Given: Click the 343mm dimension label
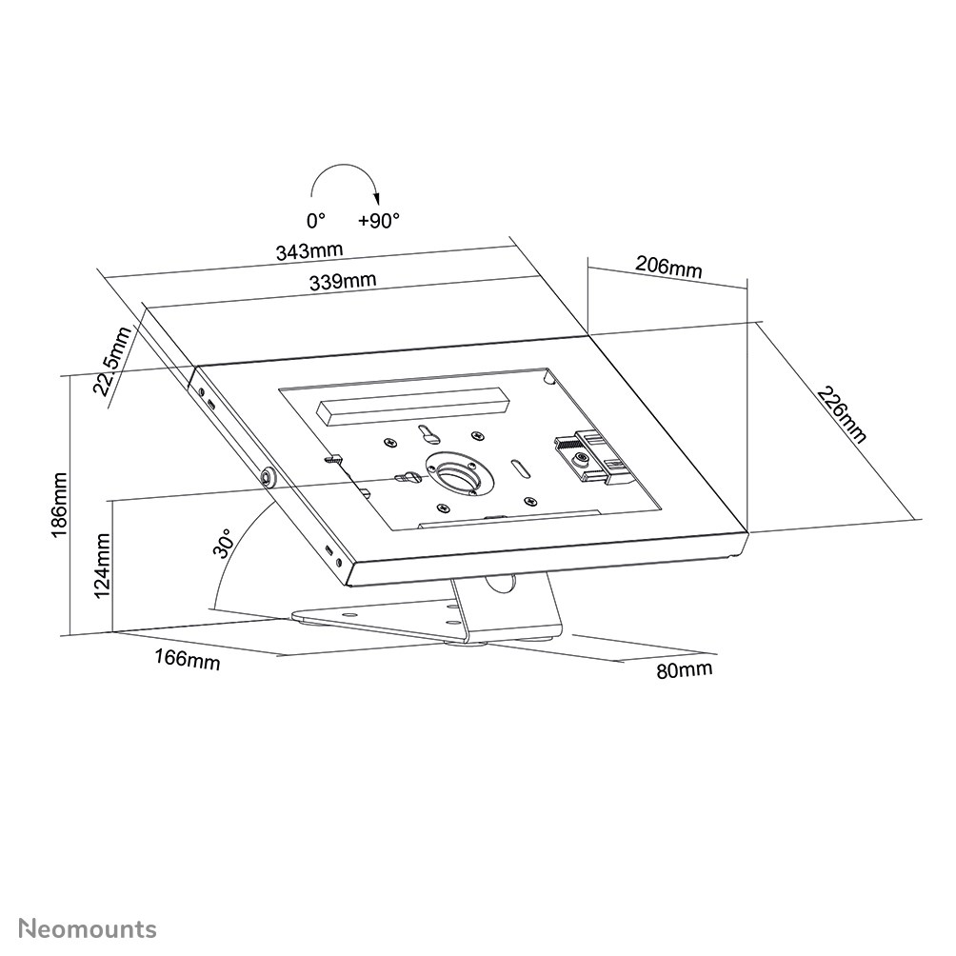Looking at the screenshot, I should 309,252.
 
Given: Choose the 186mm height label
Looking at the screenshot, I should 59,505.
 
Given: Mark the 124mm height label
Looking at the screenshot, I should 103,564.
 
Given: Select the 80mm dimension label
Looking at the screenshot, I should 684,670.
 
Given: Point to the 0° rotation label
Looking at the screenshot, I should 316,220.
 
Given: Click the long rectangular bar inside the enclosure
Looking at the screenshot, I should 411,407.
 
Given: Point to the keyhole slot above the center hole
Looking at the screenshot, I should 426,434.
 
